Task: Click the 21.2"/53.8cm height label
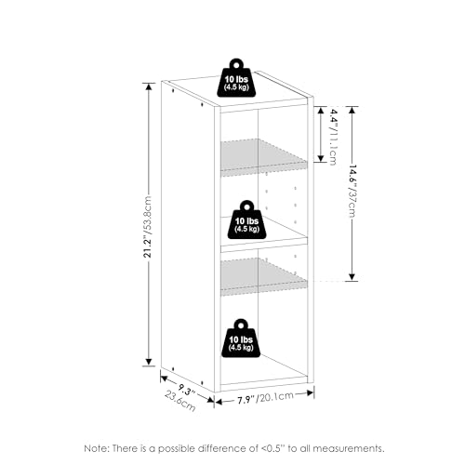coord(149,227)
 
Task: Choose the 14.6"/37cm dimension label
coord(352,192)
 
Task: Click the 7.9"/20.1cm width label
coord(265,398)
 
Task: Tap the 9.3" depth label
coord(187,390)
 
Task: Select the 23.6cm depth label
coord(180,401)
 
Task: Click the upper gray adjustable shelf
coord(262,155)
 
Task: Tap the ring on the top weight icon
coord(236,65)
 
